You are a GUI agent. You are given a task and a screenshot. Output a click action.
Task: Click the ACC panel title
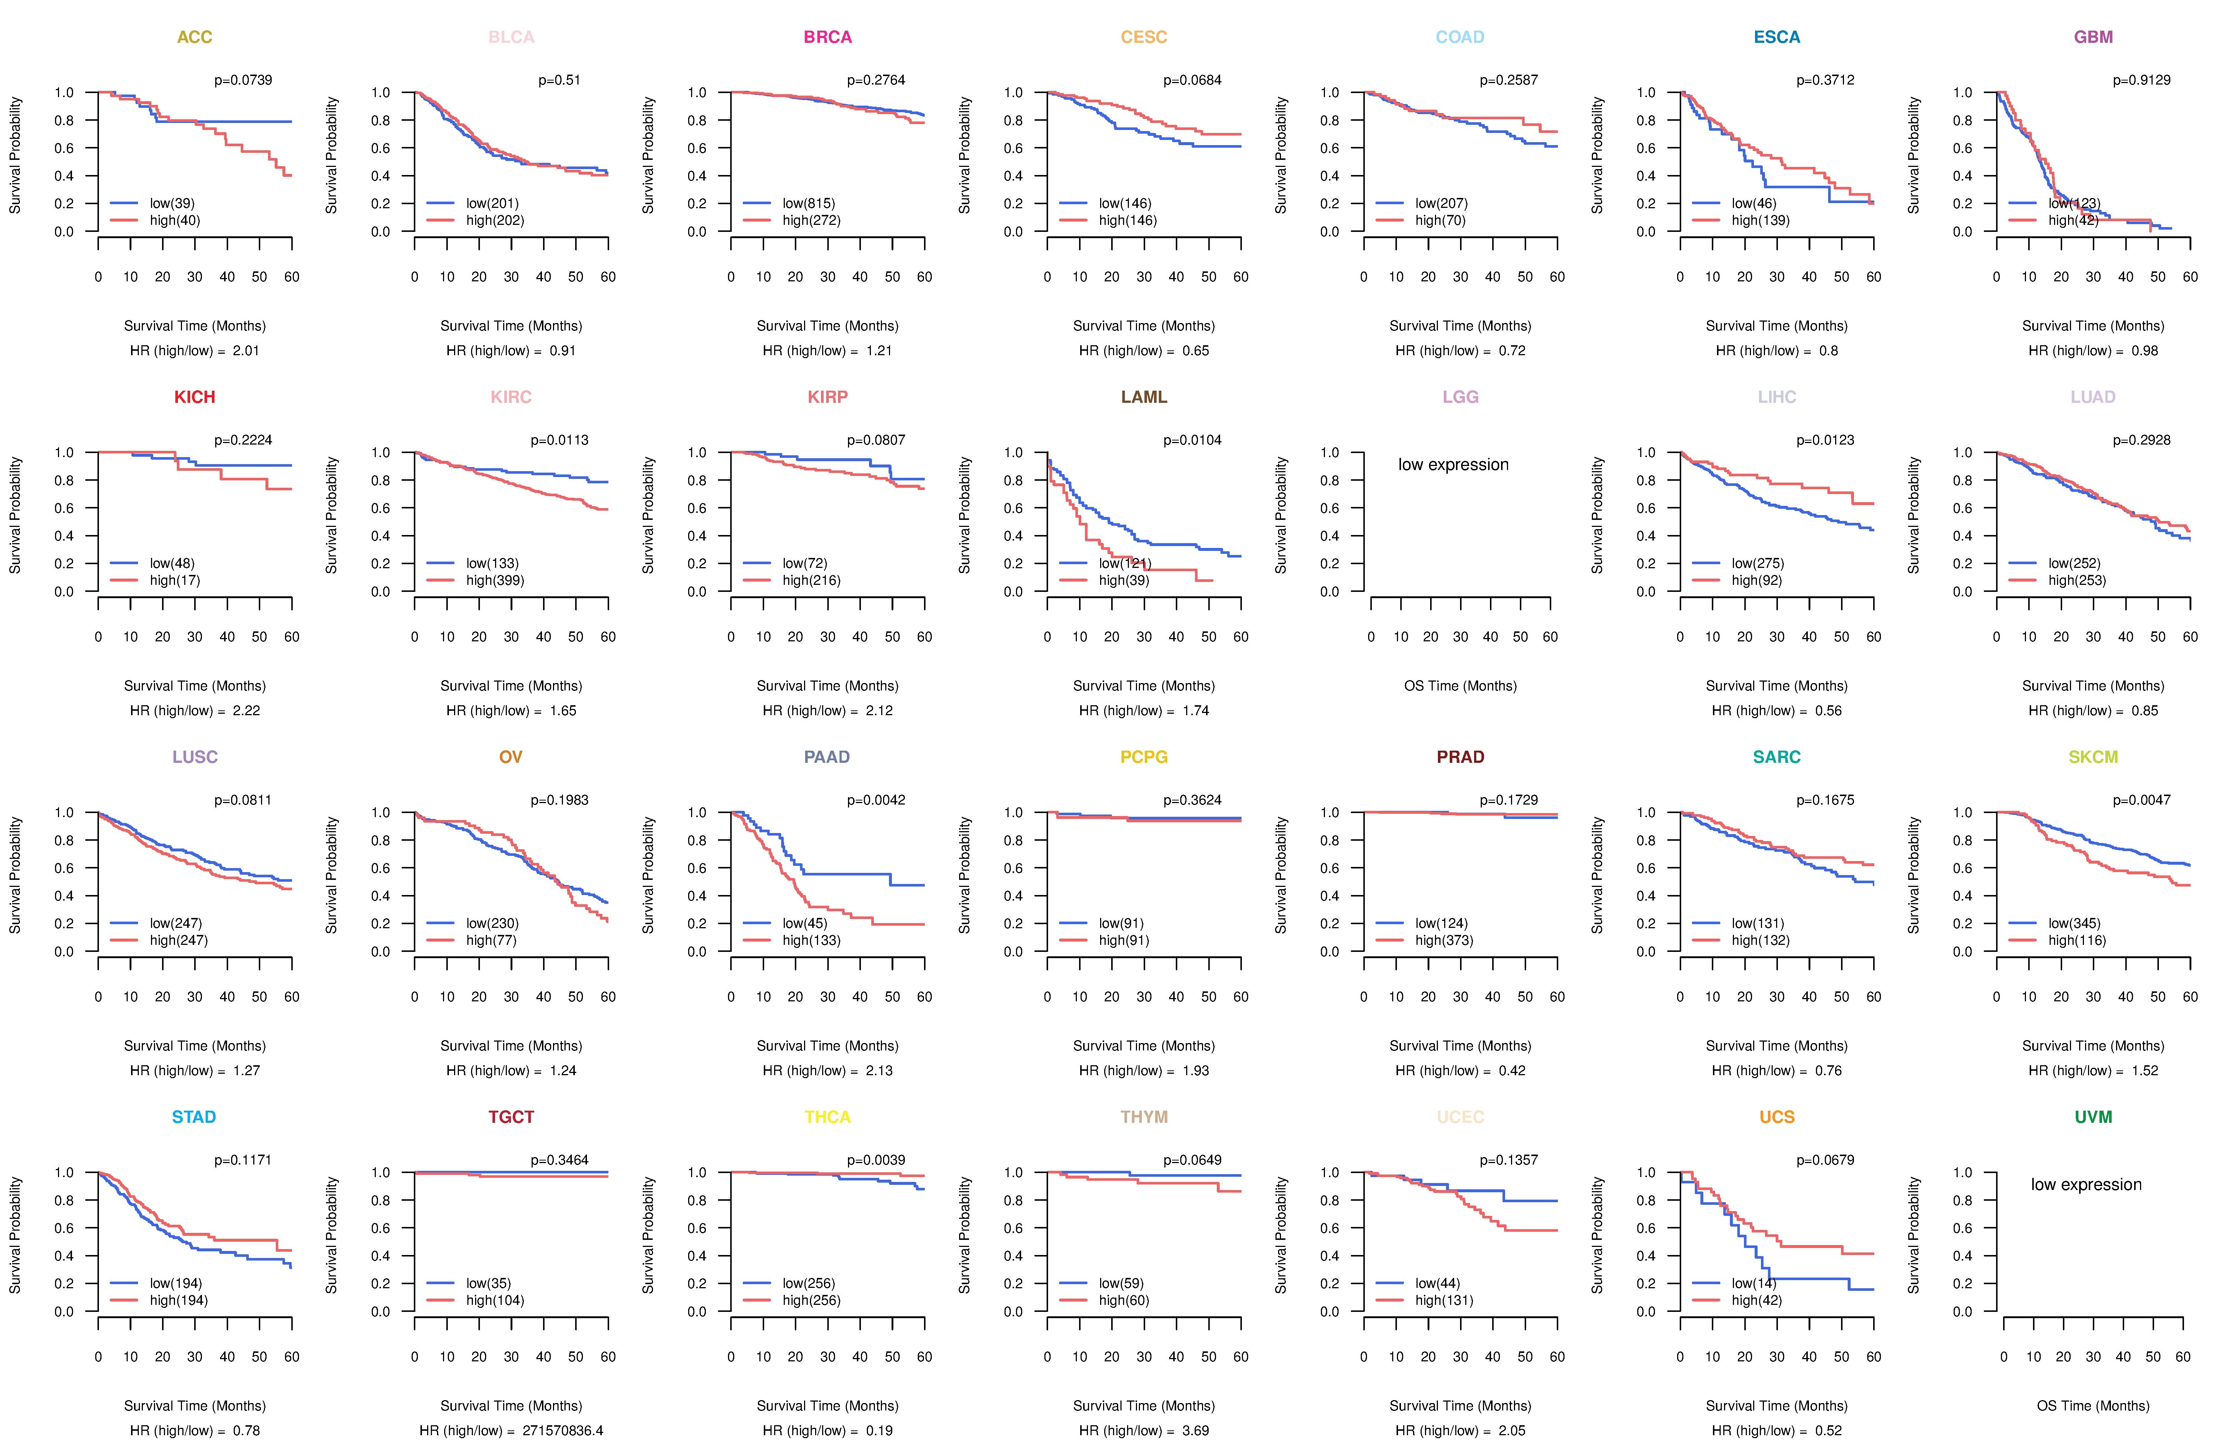tap(195, 37)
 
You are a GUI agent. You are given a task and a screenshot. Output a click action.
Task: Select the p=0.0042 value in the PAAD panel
tap(876, 800)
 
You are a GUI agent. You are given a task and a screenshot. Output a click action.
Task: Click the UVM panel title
tap(2093, 1117)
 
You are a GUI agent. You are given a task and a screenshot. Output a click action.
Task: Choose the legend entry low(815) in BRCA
tap(809, 203)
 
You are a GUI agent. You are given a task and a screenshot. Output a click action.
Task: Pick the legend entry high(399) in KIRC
tap(495, 580)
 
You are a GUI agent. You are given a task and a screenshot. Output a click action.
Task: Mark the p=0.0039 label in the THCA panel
tap(876, 1160)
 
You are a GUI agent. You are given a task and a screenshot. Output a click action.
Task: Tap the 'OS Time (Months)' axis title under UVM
tap(2093, 1406)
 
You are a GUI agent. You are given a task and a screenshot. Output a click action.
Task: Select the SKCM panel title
tap(2093, 757)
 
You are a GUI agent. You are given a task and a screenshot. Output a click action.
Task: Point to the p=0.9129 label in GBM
tap(2142, 80)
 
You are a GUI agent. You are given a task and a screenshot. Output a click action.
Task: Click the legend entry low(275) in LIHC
tap(1758, 563)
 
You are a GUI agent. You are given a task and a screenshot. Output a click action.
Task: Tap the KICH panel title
tap(195, 397)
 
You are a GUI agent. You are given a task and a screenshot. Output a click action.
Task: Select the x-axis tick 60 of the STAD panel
tap(291, 1356)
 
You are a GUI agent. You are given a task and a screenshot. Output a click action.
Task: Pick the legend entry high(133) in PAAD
tap(811, 940)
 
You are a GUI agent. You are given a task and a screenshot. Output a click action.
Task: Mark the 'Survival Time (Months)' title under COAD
tap(1460, 326)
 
